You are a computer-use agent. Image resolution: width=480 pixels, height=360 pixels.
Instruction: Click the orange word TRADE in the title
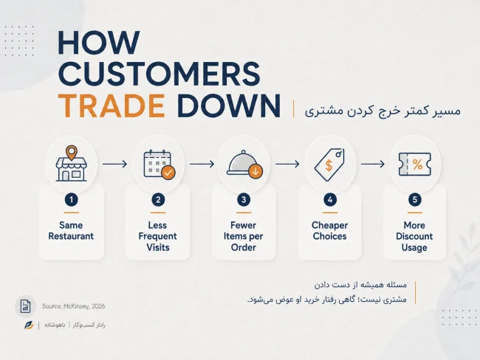point(112,105)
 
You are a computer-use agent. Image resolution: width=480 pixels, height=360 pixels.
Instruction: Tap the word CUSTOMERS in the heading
point(160,74)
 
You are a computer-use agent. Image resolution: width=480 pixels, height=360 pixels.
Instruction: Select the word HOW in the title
point(99,43)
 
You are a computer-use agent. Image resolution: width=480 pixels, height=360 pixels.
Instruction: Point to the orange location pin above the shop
point(72,152)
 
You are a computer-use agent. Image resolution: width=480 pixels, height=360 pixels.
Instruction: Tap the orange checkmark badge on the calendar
point(168,173)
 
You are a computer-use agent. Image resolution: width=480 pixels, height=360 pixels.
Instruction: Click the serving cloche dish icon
point(244,165)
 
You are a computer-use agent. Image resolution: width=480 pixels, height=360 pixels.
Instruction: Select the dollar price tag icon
point(329,165)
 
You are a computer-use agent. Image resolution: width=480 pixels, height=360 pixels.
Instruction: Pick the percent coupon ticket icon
point(415,165)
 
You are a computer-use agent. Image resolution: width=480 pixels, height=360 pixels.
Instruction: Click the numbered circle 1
point(72,200)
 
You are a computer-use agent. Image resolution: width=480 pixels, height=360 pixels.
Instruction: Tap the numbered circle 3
point(244,200)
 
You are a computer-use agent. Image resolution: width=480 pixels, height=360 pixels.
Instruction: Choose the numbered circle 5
point(415,200)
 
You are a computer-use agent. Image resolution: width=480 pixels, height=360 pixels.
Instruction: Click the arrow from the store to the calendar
point(114,165)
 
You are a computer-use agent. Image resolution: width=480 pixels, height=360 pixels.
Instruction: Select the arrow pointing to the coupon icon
point(372,165)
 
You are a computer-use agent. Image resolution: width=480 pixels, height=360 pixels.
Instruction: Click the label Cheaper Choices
point(329,231)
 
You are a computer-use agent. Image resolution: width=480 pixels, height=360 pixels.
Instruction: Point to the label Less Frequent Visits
point(157,236)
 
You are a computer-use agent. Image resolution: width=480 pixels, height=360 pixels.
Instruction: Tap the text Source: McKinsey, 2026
point(73,306)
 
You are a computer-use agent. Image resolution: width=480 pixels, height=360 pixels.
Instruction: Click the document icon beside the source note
point(25,306)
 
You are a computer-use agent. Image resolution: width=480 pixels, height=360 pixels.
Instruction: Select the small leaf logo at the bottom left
point(29,325)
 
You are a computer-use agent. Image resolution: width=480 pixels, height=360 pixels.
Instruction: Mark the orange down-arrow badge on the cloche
point(256,171)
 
